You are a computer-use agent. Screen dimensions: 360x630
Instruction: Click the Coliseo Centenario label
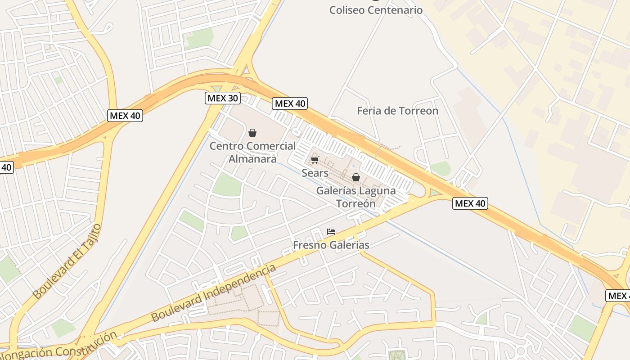(376, 10)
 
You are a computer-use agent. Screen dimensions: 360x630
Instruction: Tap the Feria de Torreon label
(397, 111)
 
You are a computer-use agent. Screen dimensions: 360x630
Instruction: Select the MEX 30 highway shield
(223, 98)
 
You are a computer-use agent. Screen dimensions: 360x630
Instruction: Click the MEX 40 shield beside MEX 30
(290, 103)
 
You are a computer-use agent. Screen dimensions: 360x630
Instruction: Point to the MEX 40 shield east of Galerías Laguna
(470, 203)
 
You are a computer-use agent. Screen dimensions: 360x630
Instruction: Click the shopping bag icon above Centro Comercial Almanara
(252, 133)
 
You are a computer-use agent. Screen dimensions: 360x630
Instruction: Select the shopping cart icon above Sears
(315, 160)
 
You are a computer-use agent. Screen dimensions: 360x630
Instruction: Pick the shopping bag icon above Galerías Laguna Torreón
(356, 177)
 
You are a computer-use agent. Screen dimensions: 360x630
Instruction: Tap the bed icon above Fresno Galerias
(331, 232)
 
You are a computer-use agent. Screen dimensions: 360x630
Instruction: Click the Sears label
(315, 173)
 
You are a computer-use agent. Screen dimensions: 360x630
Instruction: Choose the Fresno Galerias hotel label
(331, 245)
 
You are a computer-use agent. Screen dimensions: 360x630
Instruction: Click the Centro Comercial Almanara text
(252, 152)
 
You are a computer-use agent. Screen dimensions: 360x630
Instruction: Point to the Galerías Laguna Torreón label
(356, 197)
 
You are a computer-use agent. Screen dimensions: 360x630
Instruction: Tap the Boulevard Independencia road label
(213, 293)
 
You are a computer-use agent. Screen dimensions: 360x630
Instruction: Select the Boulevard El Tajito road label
(67, 261)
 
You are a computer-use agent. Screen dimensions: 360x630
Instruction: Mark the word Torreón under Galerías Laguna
(356, 203)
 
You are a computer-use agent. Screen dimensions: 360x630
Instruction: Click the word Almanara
(252, 159)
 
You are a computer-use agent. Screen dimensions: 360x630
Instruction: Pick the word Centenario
(396, 10)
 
